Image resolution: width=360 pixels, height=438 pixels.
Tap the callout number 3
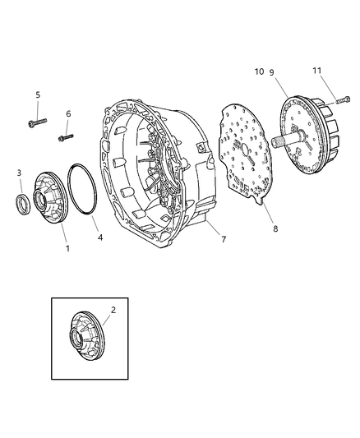[20, 173]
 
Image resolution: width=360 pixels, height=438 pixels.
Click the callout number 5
[37, 95]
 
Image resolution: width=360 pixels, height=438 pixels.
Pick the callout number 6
[68, 114]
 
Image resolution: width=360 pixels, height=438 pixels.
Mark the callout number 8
[276, 229]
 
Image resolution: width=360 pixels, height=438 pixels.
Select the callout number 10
[259, 72]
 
